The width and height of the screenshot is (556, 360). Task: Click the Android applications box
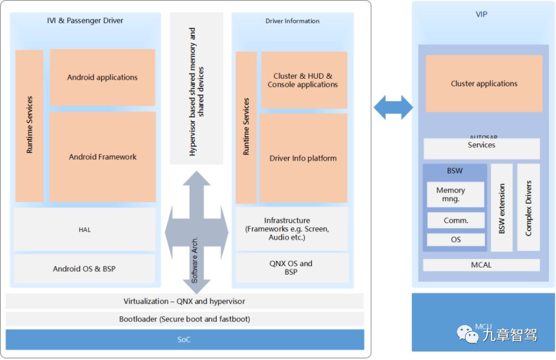pos(103,78)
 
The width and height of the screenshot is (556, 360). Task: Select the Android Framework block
pos(103,157)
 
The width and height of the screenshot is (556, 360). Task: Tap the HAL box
pos(85,229)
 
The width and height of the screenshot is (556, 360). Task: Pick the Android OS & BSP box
pos(85,269)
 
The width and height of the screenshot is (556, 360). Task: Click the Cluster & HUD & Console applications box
pos(303,80)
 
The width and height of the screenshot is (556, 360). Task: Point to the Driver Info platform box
pos(303,158)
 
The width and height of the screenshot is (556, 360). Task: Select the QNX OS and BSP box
pos(292,268)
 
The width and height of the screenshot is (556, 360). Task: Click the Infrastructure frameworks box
pos(292,229)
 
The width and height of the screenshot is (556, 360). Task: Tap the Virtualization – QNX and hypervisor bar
pos(184,301)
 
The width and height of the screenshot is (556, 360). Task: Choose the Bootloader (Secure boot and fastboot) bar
pos(184,319)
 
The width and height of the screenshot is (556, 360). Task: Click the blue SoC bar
pos(184,340)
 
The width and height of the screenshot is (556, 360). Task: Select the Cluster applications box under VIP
pos(484,84)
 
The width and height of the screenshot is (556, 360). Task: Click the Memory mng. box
pos(455,194)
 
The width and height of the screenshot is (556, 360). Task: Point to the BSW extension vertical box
pos(502,208)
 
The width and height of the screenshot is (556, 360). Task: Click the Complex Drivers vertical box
pos(528,208)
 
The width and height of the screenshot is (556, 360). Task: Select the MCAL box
pos(481,265)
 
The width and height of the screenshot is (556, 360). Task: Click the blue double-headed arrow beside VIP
pos(393,107)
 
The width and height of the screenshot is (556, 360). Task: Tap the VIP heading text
pos(481,14)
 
